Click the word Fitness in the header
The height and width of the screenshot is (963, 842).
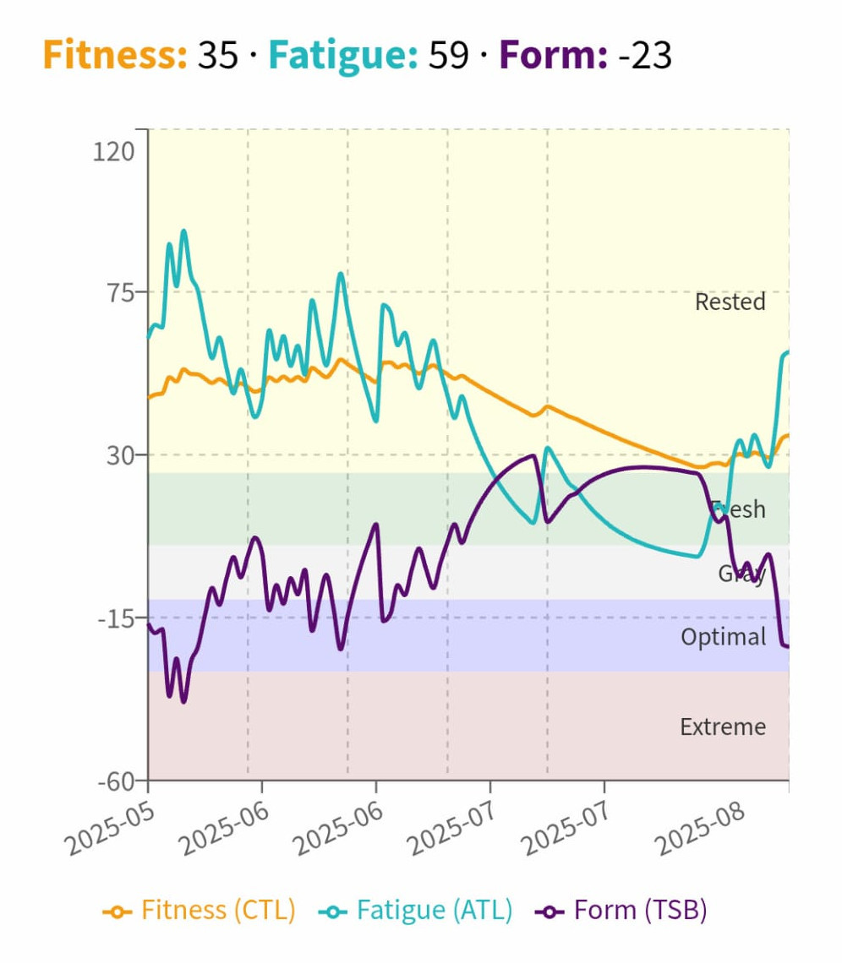point(114,56)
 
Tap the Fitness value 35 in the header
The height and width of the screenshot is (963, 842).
point(217,56)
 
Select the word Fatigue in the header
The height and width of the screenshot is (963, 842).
point(342,56)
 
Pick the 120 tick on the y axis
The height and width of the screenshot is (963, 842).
point(115,151)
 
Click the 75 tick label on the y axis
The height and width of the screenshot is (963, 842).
point(122,293)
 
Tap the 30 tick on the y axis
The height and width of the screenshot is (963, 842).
point(122,455)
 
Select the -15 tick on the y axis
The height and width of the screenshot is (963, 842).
point(117,618)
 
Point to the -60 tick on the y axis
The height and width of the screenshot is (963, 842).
point(116,781)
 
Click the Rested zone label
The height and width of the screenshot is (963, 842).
point(730,302)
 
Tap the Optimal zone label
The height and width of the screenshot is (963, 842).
point(723,636)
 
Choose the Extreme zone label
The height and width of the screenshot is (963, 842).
point(723,726)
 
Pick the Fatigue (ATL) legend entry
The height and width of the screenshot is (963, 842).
point(416,911)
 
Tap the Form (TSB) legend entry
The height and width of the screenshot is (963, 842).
point(622,911)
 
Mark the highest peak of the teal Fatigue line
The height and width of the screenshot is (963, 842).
point(183,231)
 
